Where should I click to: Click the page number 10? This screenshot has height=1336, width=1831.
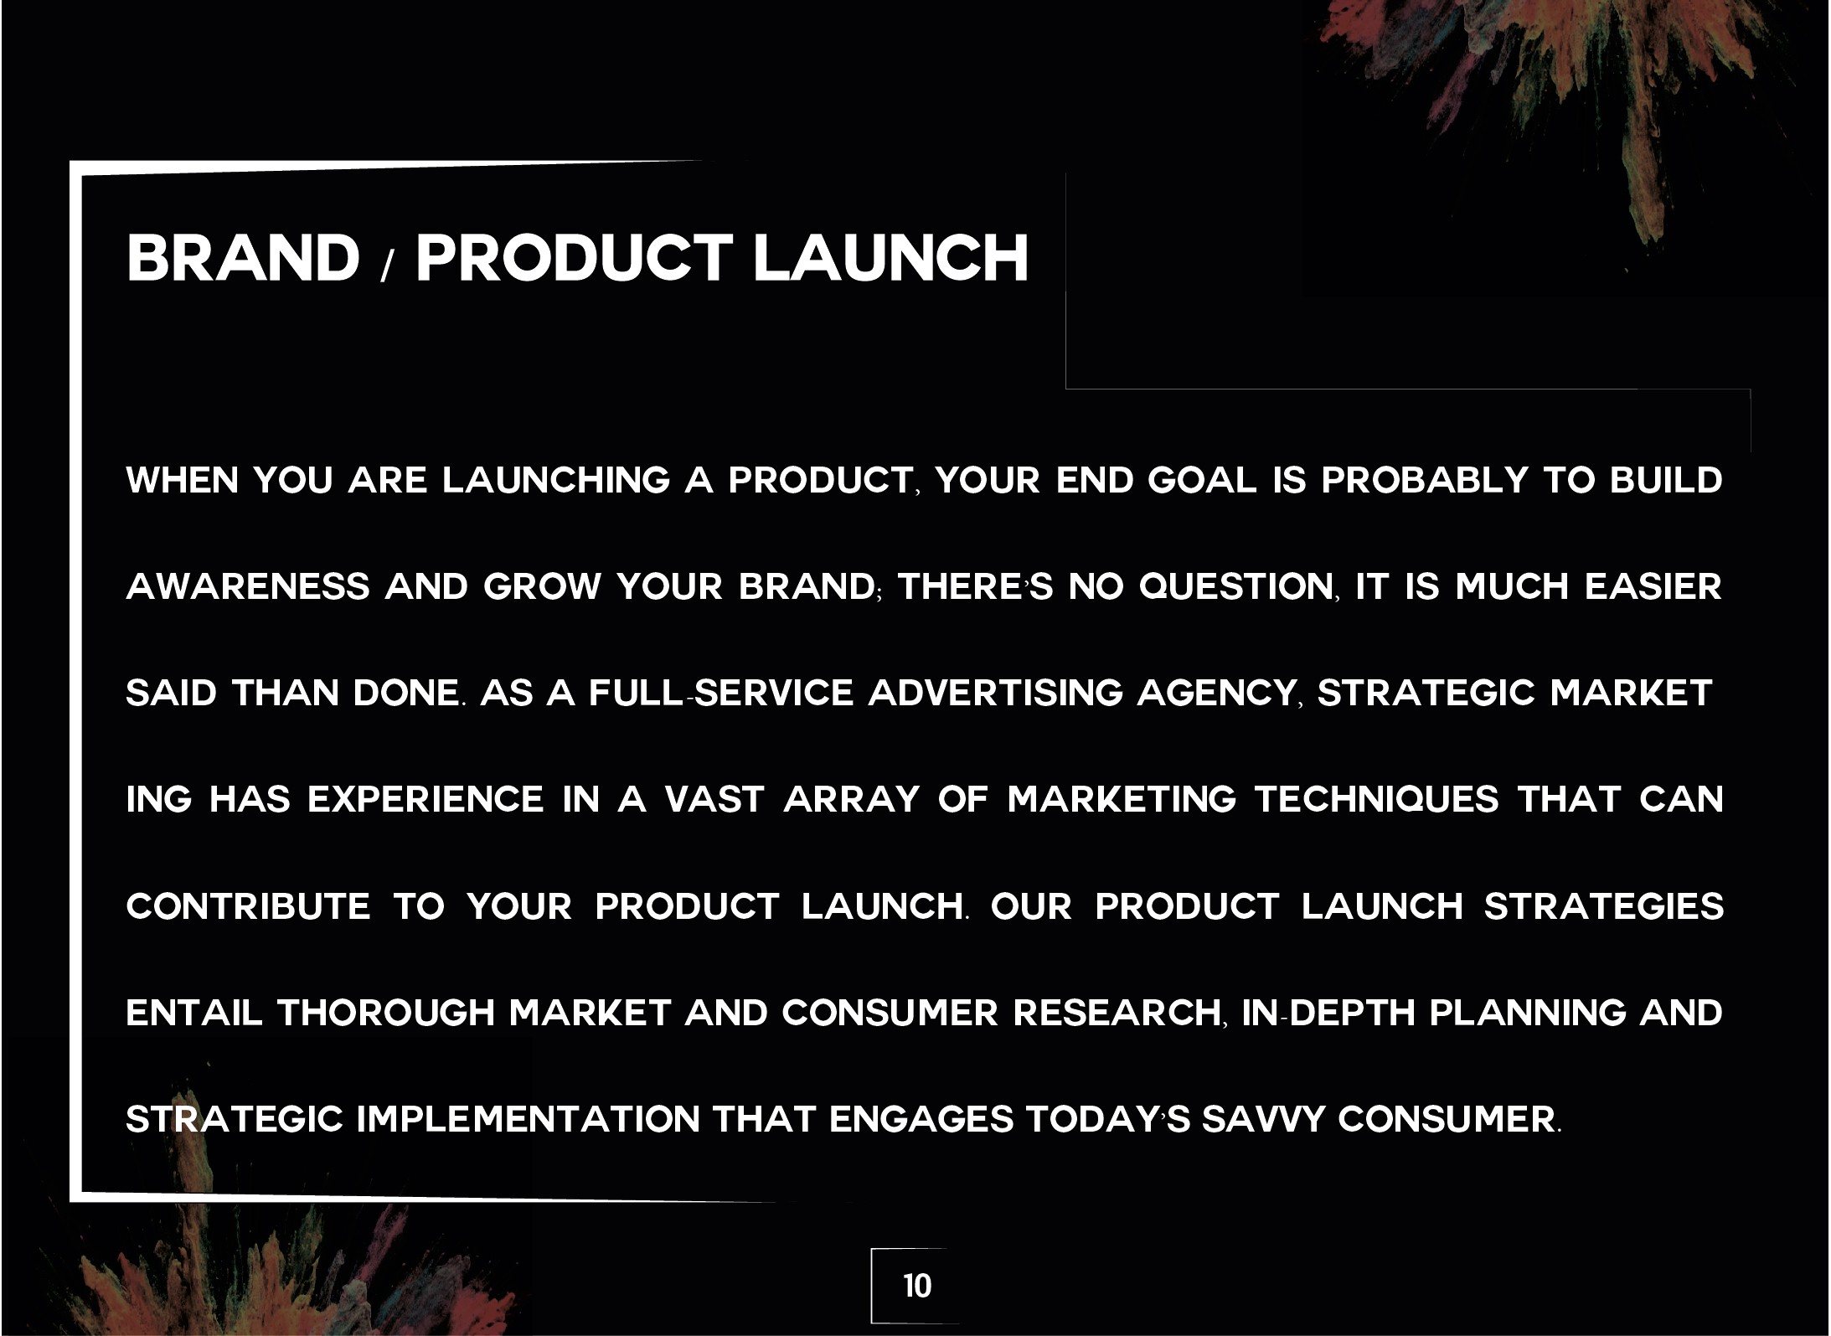(x=917, y=1286)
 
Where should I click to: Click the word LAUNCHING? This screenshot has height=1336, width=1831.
(x=556, y=481)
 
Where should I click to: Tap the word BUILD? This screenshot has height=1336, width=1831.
(x=1666, y=481)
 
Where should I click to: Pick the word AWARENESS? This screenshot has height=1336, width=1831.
(x=248, y=586)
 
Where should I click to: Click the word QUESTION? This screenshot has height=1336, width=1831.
(x=1235, y=587)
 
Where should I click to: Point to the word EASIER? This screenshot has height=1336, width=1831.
(x=1653, y=586)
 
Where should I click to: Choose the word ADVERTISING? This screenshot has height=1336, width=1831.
(x=996, y=693)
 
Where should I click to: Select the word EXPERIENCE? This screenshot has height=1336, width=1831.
(x=426, y=799)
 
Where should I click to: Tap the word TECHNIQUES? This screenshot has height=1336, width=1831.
(x=1376, y=800)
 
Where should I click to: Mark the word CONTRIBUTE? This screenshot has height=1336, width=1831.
(x=248, y=906)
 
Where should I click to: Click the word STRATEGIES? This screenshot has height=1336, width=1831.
(x=1604, y=906)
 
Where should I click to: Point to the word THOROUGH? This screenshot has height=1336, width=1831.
(x=386, y=1013)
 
